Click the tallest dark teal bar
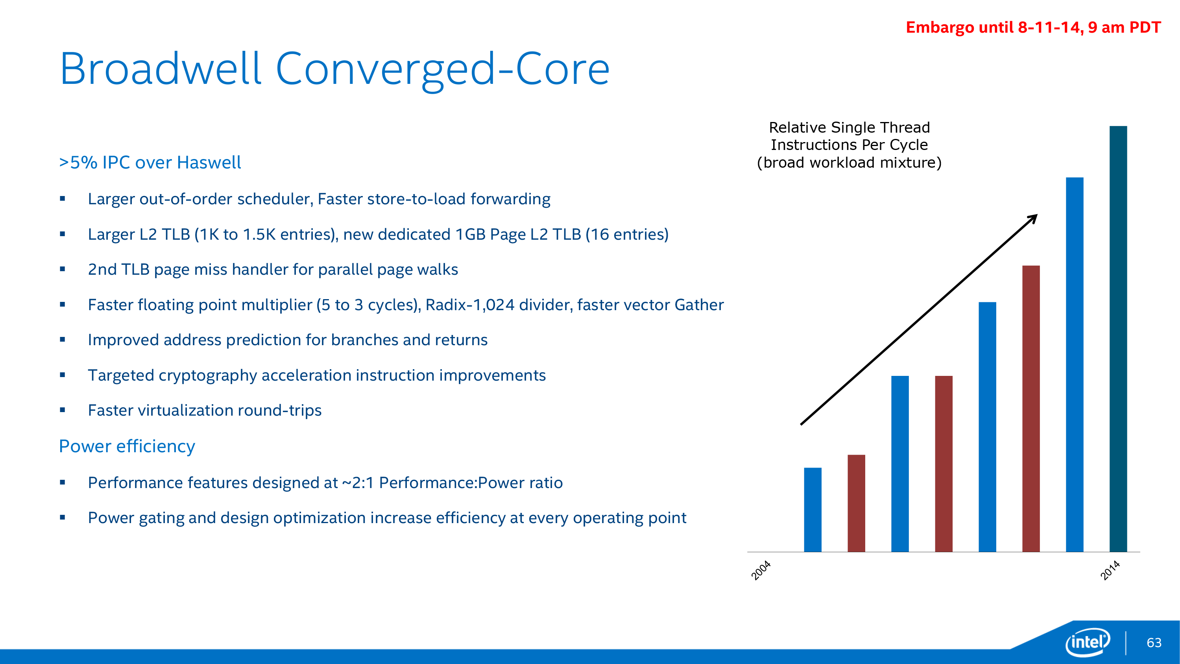(1118, 339)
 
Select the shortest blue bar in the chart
(813, 510)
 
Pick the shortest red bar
(856, 503)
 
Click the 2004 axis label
(761, 570)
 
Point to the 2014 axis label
(1110, 570)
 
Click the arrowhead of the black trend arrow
(1032, 218)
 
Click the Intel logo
(1088, 642)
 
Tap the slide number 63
(1154, 643)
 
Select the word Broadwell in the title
(160, 69)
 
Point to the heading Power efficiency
(127, 446)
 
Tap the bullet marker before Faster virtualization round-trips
(63, 410)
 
